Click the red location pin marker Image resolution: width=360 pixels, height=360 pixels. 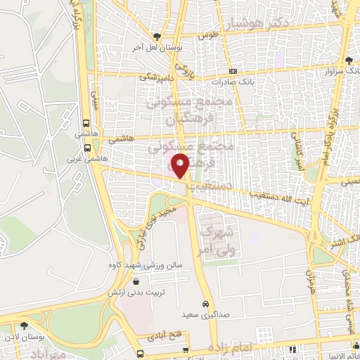[x=181, y=165]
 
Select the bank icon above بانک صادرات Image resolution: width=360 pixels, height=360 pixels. [x=233, y=71]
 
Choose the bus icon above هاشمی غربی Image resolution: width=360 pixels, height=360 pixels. [x=87, y=148]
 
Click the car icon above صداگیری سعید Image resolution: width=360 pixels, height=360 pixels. [x=205, y=305]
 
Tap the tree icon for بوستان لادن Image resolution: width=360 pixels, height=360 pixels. [x=25, y=325]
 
